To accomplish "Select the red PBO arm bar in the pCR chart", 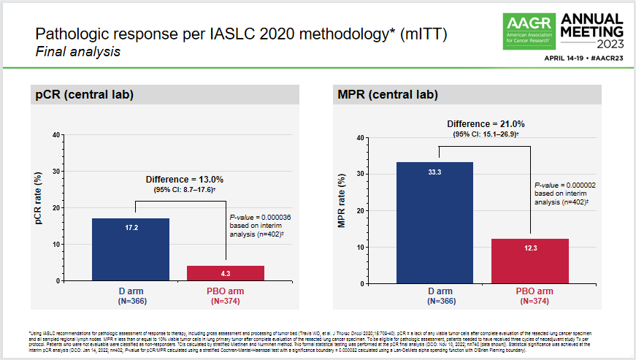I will point(226,273).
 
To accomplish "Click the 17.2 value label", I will point(131,229).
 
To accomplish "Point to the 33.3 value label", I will point(434,172).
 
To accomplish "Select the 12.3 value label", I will point(530,249).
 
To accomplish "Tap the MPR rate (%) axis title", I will point(341,210).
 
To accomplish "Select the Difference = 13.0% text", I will point(184,179).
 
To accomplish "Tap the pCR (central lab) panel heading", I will point(85,94).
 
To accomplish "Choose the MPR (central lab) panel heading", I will point(388,94).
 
